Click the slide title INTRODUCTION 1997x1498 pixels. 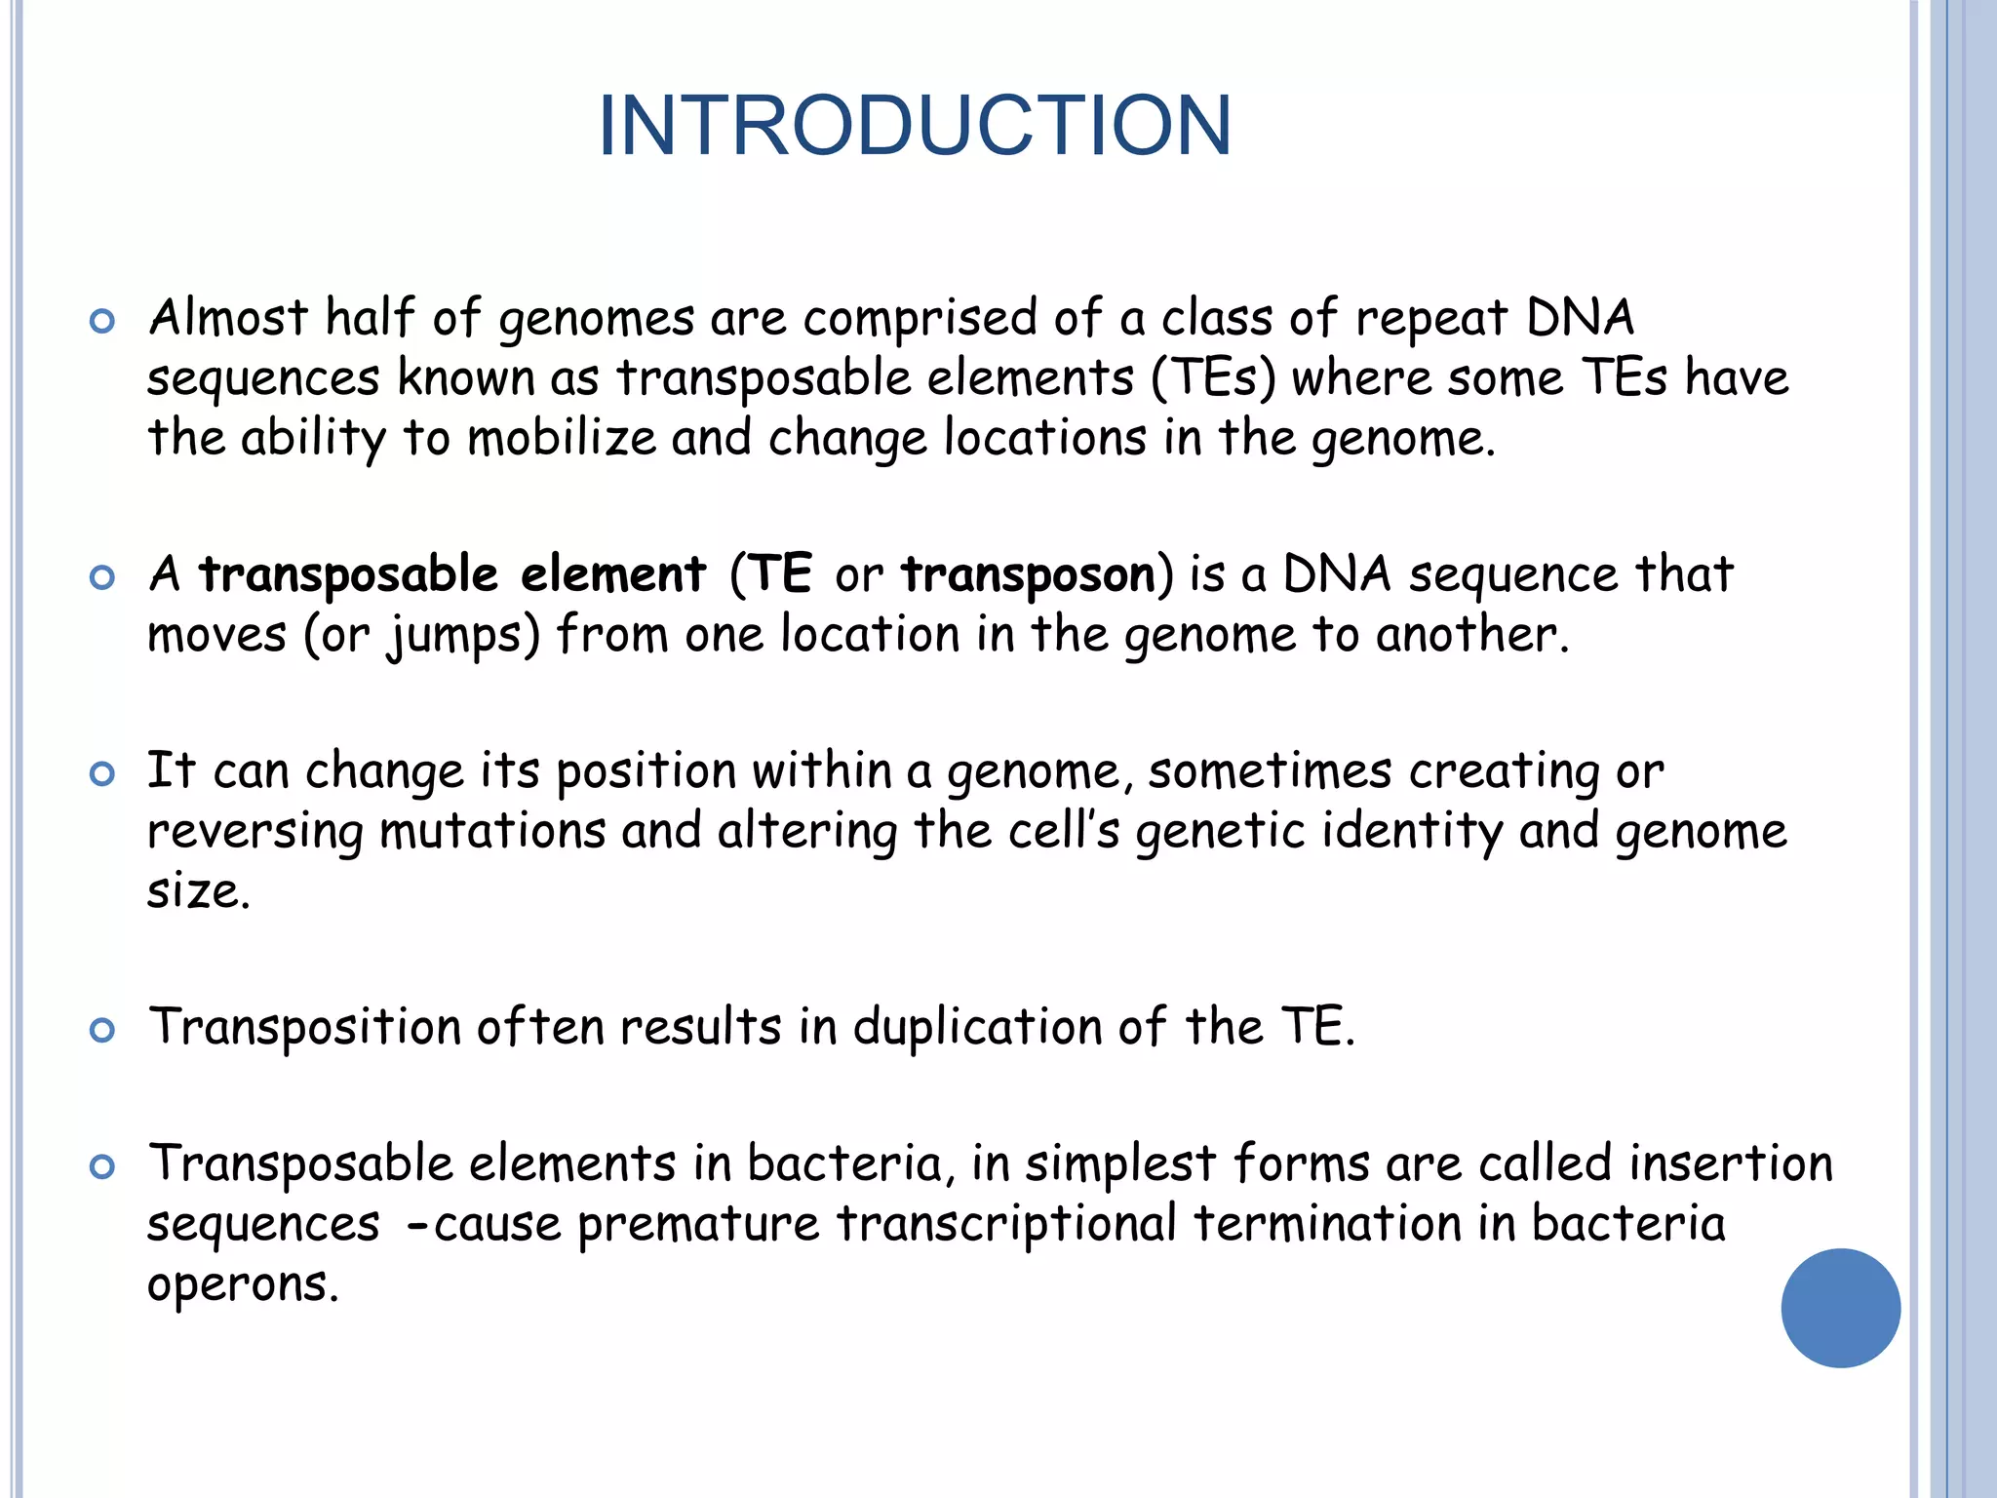pos(915,126)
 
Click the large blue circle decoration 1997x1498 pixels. pos(1840,1308)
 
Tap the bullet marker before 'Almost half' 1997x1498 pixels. pos(101,321)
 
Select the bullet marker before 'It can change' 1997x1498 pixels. pos(101,774)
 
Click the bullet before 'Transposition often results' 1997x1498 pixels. pos(101,1030)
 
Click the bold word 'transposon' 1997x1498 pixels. pos(1028,575)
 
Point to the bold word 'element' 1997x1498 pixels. pos(612,573)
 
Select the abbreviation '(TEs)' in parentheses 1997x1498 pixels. pos(1213,379)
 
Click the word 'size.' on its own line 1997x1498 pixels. pos(199,891)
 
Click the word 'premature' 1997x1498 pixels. pos(698,1225)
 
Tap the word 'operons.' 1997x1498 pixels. pos(243,1286)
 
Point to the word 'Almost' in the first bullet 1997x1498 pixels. pos(228,319)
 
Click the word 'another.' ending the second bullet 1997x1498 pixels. pos(1472,635)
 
